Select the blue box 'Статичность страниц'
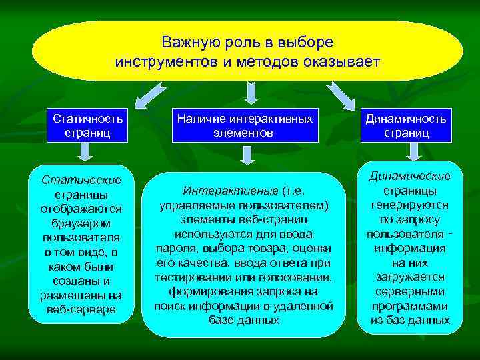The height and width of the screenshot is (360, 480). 82,125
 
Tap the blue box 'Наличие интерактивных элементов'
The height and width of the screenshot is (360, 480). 244,125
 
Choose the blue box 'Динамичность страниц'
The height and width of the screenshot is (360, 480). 406,125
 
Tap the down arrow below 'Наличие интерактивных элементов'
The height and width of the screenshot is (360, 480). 247,155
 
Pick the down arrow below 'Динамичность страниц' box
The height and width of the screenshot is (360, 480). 412,153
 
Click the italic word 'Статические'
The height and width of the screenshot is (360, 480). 81,180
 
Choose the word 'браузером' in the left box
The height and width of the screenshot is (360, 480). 81,223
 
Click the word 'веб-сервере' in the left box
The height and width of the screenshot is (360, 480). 82,309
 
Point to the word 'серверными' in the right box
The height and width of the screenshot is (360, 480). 411,292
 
